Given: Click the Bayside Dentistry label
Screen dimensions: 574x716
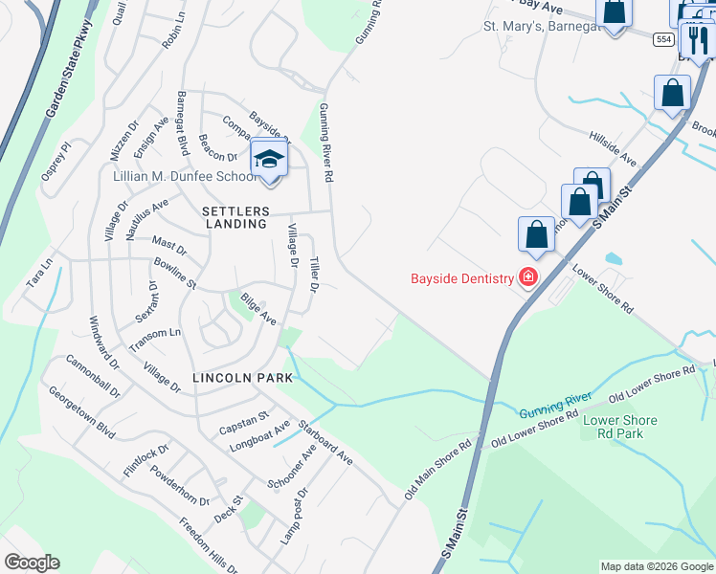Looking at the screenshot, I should coord(463,278).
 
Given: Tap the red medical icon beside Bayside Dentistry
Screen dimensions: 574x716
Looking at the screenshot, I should coord(527,277).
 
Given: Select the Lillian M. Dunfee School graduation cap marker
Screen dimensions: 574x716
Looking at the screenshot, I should coord(269,160).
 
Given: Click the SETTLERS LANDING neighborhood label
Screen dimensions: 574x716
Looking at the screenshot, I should coord(235,217).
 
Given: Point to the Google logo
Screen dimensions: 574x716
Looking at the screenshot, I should coord(31,563).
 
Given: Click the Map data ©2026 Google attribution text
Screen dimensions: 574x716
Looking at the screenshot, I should coord(656,566).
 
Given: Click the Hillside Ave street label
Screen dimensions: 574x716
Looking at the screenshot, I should coord(613,144).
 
